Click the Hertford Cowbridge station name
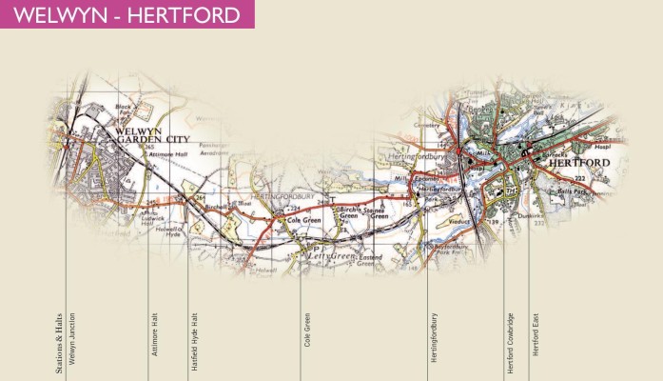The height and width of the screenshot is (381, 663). (x=511, y=333)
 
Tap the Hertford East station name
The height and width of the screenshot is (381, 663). (x=536, y=334)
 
